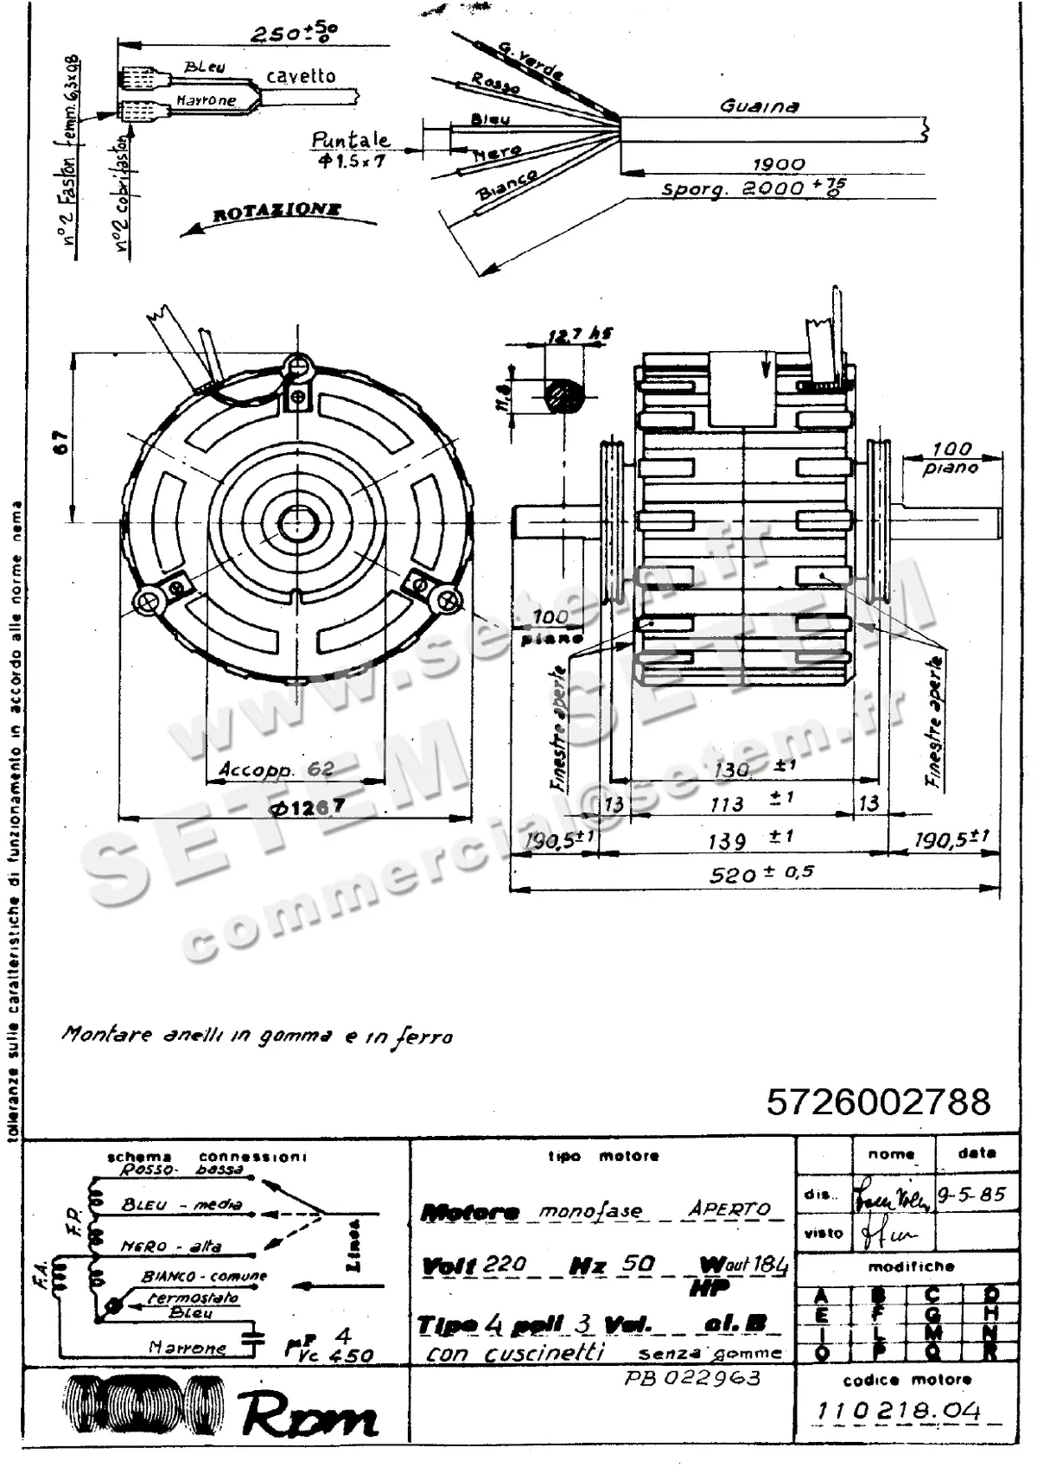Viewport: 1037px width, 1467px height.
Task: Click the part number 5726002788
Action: click(878, 1102)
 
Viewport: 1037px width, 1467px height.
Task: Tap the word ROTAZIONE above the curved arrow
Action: click(277, 212)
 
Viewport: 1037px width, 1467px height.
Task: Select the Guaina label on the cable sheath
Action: click(759, 106)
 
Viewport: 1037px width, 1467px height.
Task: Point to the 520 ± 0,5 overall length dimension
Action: click(760, 874)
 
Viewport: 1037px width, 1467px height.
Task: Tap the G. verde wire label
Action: click(531, 59)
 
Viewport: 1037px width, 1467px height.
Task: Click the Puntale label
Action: click(350, 140)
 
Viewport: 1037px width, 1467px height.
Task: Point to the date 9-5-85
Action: click(972, 1195)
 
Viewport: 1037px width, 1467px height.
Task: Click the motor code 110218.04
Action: click(899, 1412)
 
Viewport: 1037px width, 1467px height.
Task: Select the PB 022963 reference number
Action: click(692, 1377)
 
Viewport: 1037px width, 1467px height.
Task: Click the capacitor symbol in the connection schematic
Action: click(253, 1341)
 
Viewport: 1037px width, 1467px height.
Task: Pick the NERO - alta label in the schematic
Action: click(171, 1247)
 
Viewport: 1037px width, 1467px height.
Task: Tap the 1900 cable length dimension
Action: click(778, 163)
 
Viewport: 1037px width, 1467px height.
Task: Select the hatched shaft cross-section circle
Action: click(564, 397)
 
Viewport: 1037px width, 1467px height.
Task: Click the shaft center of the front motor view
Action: click(297, 522)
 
